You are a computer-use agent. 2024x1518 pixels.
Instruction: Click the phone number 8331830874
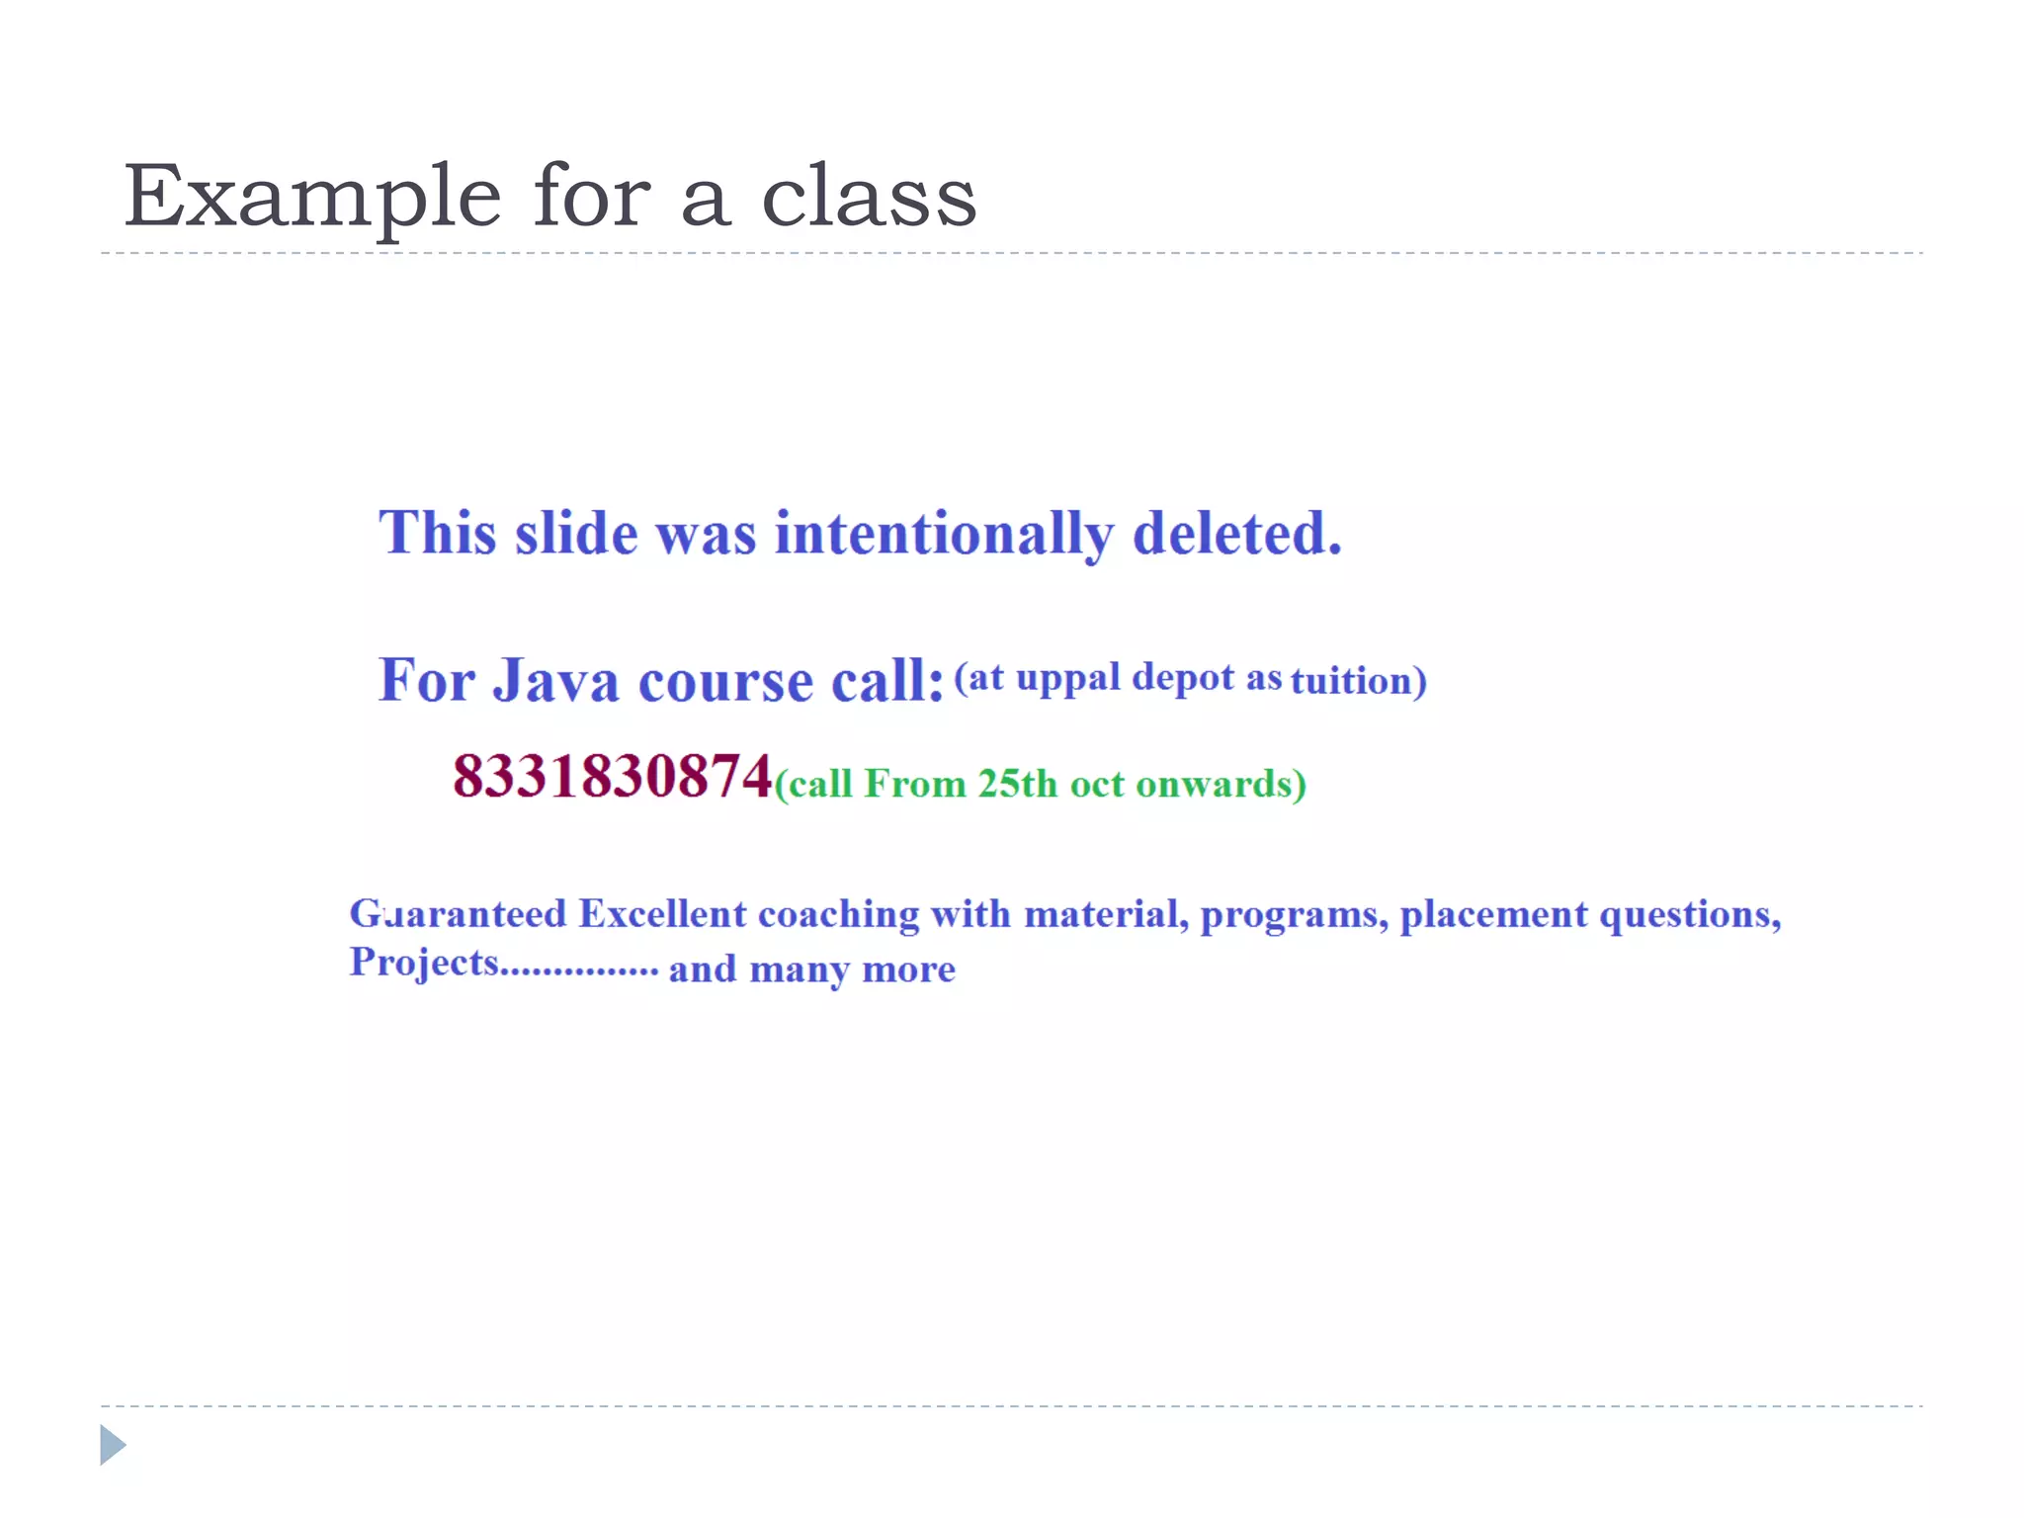tap(612, 776)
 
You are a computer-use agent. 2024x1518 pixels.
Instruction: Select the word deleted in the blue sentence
tap(1236, 534)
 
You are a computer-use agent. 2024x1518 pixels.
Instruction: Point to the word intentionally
tap(944, 536)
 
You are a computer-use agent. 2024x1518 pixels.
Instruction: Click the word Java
tap(555, 681)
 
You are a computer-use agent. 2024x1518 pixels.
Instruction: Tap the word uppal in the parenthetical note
tap(1067, 679)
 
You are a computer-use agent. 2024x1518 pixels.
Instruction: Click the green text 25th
tap(1018, 784)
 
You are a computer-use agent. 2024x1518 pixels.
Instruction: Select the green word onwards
tap(1214, 784)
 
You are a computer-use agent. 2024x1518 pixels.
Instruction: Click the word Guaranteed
tap(458, 914)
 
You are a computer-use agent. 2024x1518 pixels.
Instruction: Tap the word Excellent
tap(662, 914)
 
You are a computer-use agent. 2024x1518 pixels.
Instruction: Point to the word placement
tap(1493, 914)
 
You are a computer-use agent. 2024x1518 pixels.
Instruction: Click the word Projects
tap(424, 963)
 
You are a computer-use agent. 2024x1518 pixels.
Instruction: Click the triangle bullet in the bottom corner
tap(113, 1445)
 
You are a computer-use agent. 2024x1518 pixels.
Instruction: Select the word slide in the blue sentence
tap(576, 534)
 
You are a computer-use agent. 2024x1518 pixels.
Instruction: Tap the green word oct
tap(1097, 785)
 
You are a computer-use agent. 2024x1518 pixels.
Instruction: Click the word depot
tap(1183, 679)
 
